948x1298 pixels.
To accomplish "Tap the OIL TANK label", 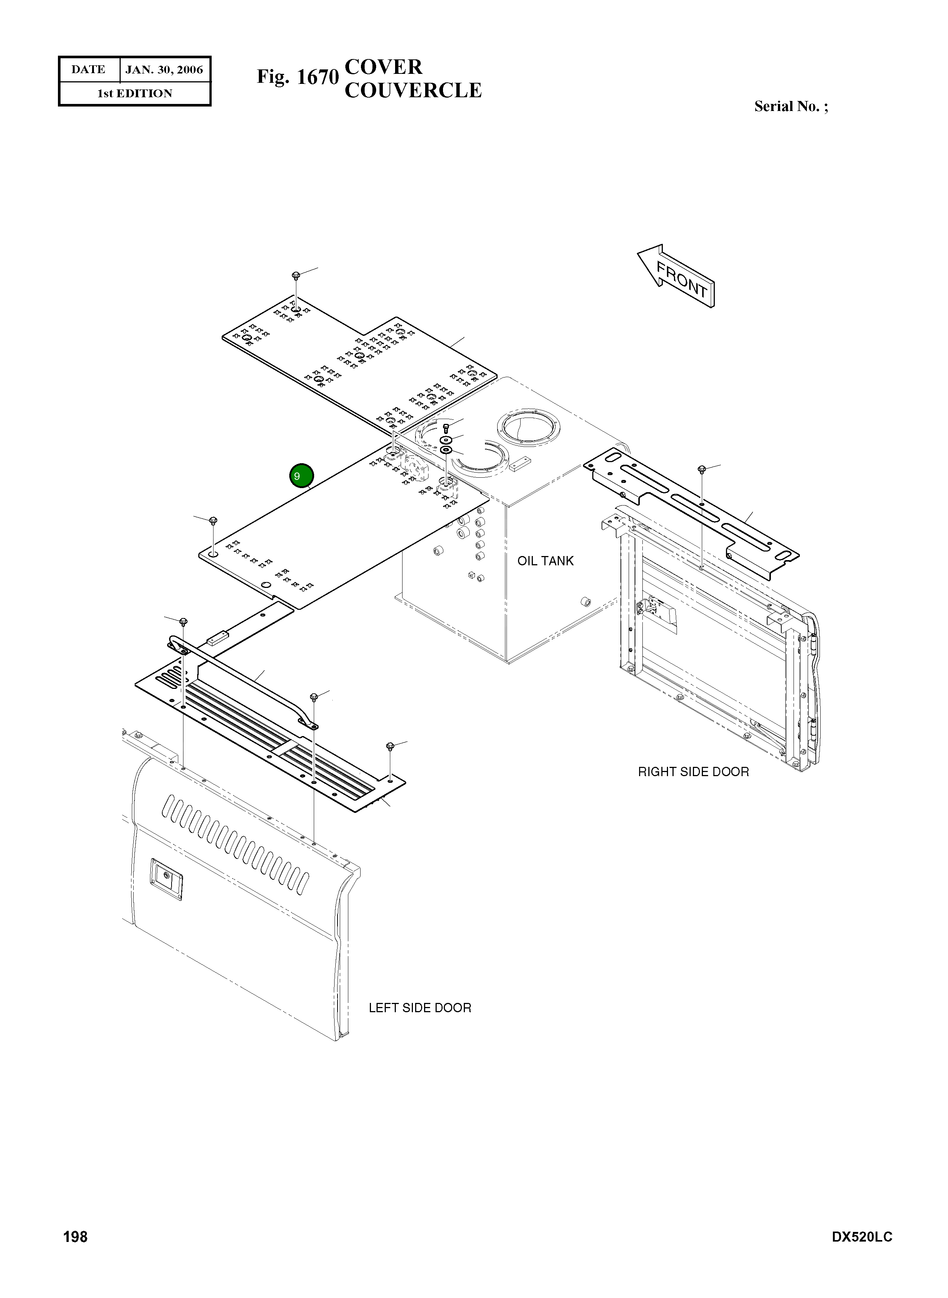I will tap(545, 561).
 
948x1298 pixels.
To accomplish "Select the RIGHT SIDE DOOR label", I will tap(693, 771).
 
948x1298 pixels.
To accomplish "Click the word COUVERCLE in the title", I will tap(413, 91).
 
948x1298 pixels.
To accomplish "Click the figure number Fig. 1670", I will tap(297, 77).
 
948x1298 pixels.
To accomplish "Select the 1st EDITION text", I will tap(134, 94).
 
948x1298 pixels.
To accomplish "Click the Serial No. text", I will tap(791, 107).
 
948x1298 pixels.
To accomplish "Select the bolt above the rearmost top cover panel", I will tap(296, 276).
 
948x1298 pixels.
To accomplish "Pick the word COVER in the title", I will tap(383, 67).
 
